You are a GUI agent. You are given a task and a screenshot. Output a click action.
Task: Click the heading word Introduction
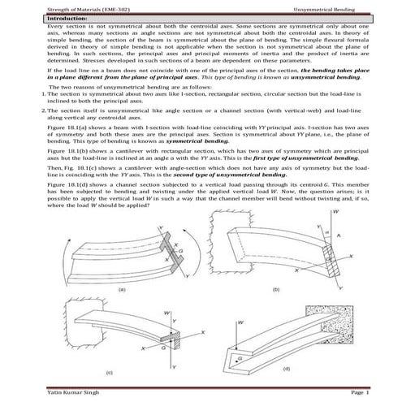pyautogui.click(x=41, y=16)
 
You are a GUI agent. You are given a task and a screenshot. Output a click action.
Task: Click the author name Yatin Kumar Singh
pyautogui.click(x=50, y=392)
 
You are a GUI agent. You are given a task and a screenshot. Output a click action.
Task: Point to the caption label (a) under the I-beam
pyautogui.click(x=121, y=288)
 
